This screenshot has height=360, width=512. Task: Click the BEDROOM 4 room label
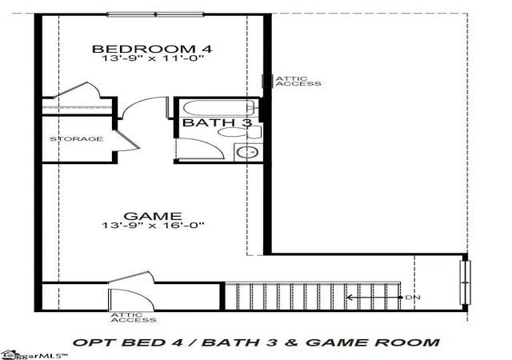(152, 49)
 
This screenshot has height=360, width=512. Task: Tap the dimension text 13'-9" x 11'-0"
(153, 59)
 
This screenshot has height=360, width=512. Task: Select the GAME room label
(153, 216)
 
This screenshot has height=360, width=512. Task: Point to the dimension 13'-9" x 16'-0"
(153, 225)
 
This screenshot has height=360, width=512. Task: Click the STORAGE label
(77, 139)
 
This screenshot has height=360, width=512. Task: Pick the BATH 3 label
(217, 123)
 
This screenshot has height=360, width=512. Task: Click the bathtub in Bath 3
(218, 108)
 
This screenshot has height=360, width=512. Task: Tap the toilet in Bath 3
(239, 132)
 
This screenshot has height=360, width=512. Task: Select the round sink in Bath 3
(247, 152)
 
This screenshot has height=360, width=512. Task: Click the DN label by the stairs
(413, 298)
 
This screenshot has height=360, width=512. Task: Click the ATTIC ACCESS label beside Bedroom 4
(298, 81)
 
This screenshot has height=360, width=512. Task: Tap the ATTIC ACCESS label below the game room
(134, 318)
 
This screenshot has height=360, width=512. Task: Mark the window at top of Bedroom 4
(156, 14)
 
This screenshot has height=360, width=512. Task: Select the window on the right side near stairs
(466, 282)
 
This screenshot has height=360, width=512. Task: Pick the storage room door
(128, 140)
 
